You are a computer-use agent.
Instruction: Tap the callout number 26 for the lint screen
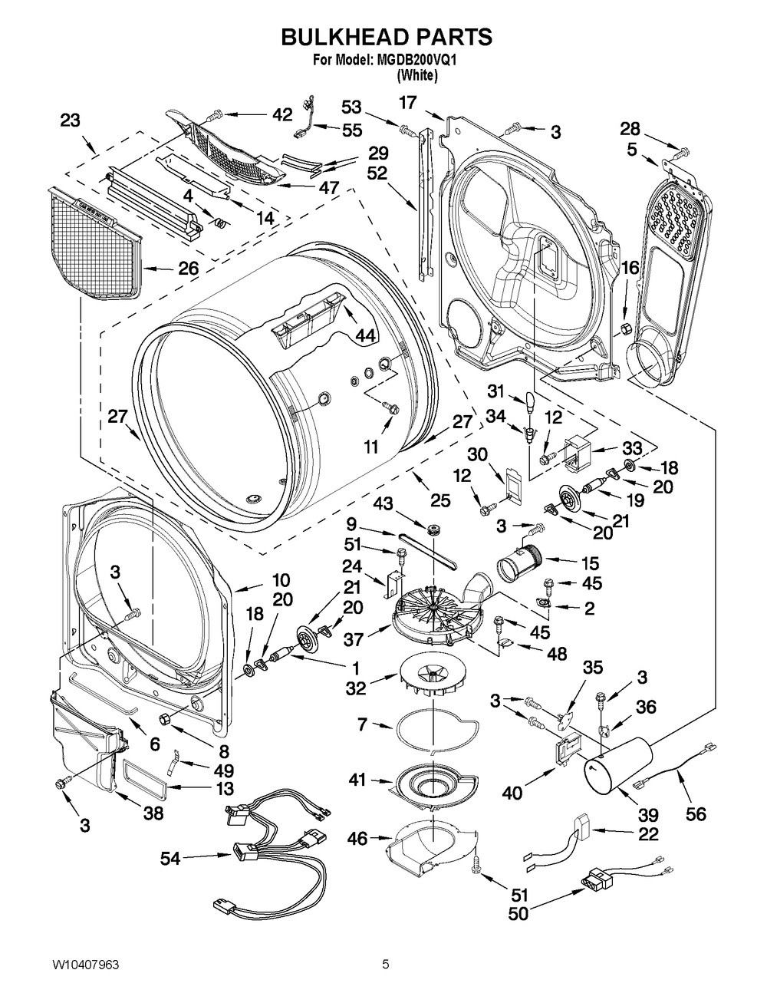(x=189, y=269)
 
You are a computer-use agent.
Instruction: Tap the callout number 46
(x=359, y=840)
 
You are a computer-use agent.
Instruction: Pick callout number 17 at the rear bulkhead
(x=407, y=101)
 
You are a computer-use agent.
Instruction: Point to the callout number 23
(x=70, y=120)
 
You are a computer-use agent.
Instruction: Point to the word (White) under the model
(x=416, y=75)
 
